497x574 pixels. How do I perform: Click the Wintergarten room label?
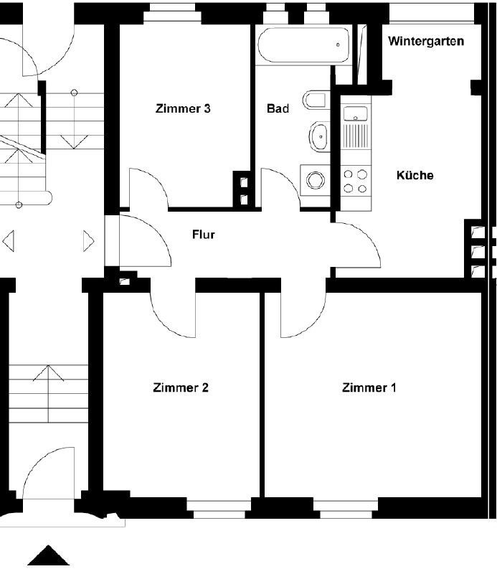pos(426,41)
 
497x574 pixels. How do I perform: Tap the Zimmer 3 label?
pos(183,108)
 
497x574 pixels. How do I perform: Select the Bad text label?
pos(278,108)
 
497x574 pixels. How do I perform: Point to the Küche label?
pos(415,175)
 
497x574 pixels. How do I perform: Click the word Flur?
pos(204,235)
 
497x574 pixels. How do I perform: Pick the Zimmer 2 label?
pos(181,387)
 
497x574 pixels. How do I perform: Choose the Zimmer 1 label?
pos(369,387)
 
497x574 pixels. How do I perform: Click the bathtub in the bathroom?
pos(303,44)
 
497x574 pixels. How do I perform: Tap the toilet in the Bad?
pos(315,100)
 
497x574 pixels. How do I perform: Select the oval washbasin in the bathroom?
pos(318,136)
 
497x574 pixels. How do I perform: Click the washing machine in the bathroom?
pos(315,180)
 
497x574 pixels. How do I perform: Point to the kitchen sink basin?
pos(356,113)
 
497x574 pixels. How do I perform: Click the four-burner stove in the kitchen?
pos(356,182)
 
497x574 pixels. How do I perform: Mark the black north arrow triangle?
pos(48,555)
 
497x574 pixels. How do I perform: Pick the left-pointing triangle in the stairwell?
pos(8,241)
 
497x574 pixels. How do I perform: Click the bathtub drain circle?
pos(338,44)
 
